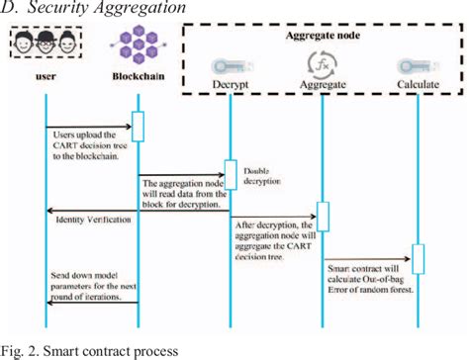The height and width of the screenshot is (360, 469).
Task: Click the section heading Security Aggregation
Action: pyautogui.click(x=93, y=8)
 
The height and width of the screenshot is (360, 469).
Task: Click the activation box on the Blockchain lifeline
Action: pyautogui.click(x=139, y=127)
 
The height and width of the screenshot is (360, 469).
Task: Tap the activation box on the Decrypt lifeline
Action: pyautogui.click(x=230, y=174)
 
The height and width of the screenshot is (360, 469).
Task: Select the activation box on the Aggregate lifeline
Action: pyautogui.click(x=322, y=216)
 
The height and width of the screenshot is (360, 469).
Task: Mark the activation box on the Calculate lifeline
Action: pyautogui.click(x=418, y=259)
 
